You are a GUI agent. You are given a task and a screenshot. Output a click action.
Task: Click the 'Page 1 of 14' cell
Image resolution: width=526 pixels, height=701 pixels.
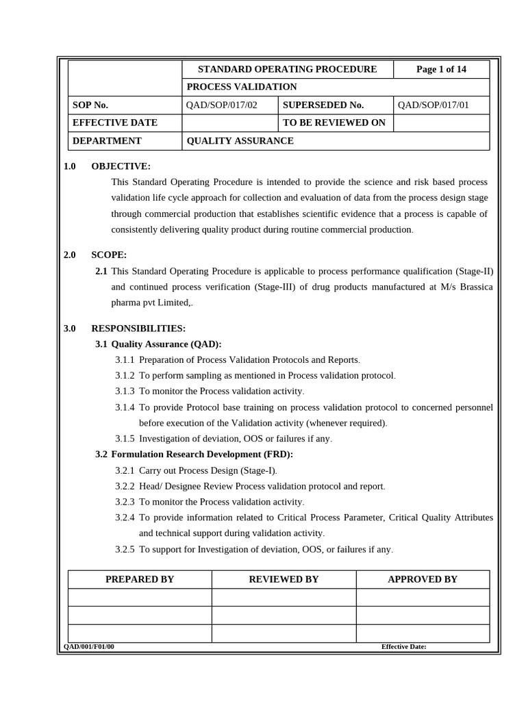tap(441, 69)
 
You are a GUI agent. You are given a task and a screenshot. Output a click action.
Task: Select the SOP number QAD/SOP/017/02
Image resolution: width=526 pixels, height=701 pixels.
tap(221, 105)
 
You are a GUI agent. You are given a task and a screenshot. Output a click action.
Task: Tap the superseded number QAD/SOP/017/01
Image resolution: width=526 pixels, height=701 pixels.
tap(433, 105)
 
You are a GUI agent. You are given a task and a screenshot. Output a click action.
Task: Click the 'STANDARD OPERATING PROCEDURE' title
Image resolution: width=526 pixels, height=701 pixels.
tap(287, 69)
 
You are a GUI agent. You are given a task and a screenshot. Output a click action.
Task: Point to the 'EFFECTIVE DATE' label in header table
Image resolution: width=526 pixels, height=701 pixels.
tap(115, 123)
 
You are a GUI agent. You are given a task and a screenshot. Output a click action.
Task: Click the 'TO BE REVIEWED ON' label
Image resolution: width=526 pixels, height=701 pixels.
tap(334, 123)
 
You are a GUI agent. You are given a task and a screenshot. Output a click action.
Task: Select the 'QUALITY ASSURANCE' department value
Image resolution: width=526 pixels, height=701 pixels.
tap(240, 140)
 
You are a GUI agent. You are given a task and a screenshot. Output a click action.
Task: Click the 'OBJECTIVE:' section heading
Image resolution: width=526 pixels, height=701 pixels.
tap(121, 166)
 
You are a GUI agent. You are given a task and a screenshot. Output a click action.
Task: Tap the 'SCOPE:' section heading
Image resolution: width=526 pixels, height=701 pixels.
tap(109, 255)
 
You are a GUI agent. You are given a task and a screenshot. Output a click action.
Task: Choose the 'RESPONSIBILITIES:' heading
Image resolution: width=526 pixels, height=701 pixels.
tap(138, 329)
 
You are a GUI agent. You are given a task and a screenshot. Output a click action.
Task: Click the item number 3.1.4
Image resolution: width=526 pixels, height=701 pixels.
tap(125, 407)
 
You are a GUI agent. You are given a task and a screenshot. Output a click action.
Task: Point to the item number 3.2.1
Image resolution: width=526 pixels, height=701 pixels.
tap(125, 470)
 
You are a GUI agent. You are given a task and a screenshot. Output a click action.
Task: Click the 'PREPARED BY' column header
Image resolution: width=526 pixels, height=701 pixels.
tap(140, 579)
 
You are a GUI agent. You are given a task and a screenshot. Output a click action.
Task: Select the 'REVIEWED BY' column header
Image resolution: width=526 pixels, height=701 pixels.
tap(284, 579)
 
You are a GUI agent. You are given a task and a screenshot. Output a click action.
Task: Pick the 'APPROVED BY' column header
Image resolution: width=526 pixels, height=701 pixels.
tap(423, 579)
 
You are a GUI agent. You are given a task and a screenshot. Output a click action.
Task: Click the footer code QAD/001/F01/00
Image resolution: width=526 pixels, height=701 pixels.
tap(89, 646)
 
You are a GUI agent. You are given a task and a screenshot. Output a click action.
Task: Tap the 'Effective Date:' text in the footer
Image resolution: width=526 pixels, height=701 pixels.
tap(403, 646)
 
